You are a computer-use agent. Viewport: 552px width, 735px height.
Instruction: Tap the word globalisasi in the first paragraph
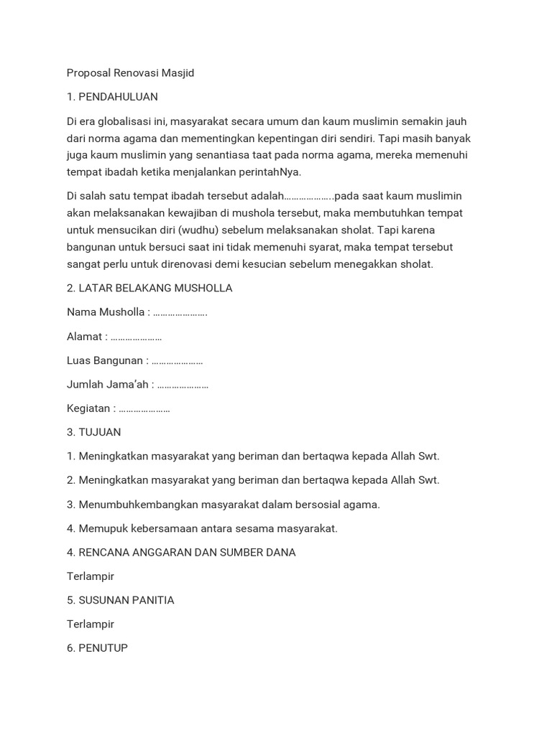point(123,121)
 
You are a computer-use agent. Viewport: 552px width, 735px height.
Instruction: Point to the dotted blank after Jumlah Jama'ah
point(183,385)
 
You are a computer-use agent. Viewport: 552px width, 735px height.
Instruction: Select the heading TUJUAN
point(100,432)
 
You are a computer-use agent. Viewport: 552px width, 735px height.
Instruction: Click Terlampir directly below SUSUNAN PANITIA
point(91,624)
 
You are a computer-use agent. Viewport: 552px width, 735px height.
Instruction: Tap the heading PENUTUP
point(103,648)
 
